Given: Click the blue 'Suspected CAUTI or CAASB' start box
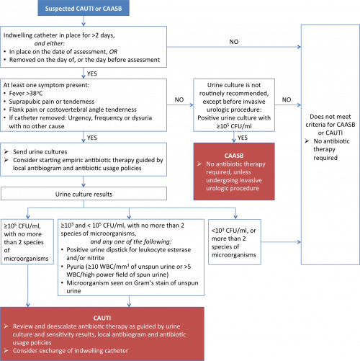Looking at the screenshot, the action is click(84, 8).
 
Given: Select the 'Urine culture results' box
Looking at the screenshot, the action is click(84, 194).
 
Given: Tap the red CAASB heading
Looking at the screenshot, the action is click(234, 156).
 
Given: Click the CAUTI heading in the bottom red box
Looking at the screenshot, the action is click(102, 318).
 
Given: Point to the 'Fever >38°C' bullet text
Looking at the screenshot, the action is click(26, 93).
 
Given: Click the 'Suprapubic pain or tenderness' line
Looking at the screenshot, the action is click(52, 102).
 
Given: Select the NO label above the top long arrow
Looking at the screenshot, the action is click(234, 42).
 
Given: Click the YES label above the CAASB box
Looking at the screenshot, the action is click(243, 138).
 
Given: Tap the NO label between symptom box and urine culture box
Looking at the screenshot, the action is click(179, 99).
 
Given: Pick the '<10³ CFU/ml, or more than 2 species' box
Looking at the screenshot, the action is click(235, 242).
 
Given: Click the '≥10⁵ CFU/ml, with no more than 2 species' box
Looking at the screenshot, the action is click(27, 241).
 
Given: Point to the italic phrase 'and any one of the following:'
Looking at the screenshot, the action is click(131, 241).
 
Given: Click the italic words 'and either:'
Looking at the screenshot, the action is click(50, 43).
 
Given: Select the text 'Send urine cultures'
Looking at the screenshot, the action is click(40, 152).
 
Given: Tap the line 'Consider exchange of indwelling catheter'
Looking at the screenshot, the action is click(71, 351).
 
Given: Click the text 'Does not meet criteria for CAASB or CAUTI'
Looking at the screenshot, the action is click(330, 125).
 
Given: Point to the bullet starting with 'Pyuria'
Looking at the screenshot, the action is click(129, 270).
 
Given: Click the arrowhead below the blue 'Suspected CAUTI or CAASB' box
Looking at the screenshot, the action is click(84, 24).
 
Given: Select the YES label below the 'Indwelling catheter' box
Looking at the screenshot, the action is click(92, 73).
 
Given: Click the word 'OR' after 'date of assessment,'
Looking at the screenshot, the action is click(113, 52).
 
